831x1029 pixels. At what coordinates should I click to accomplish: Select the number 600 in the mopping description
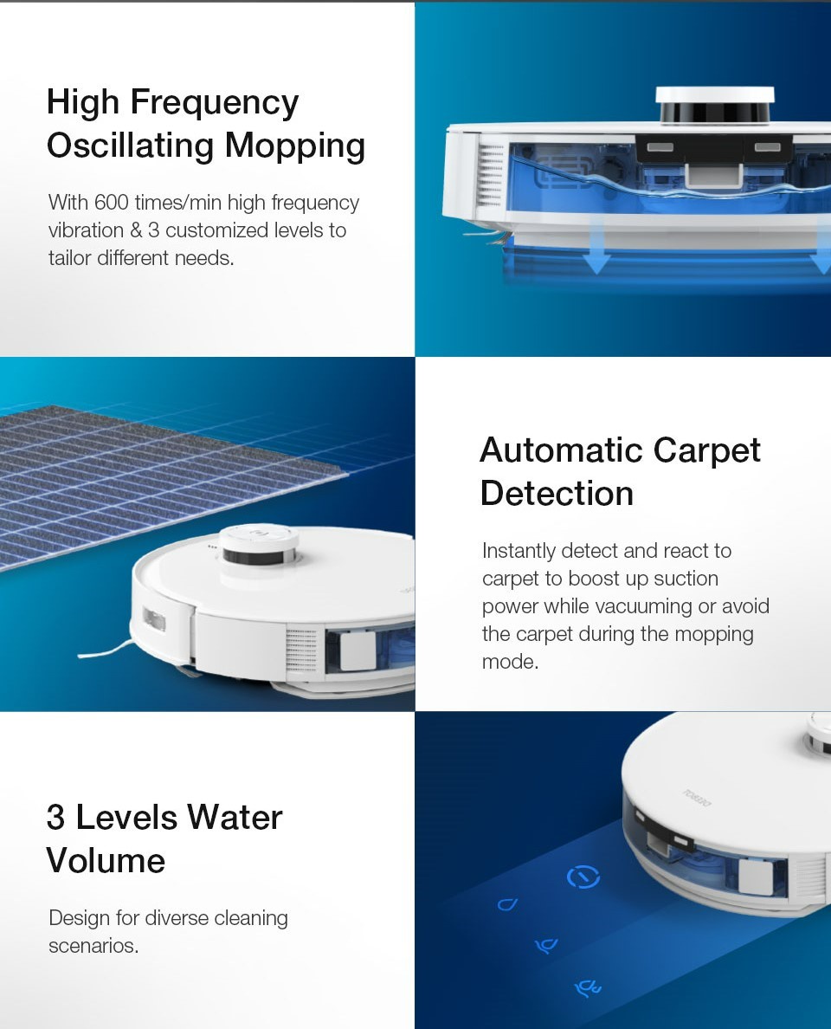(x=112, y=203)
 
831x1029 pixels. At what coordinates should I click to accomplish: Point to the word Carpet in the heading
(x=707, y=450)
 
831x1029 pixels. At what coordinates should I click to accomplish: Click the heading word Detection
(x=557, y=494)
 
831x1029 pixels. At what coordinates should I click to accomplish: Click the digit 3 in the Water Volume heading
(x=55, y=818)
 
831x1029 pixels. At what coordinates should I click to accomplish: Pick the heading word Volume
(x=106, y=861)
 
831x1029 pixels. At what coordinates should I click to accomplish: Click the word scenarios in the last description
(x=93, y=946)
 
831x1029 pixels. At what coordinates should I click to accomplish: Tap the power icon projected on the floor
(x=583, y=877)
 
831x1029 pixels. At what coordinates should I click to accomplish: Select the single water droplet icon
(x=507, y=904)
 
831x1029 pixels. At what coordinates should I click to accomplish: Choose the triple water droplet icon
(x=588, y=987)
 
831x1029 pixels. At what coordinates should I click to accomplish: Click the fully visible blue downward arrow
(x=596, y=258)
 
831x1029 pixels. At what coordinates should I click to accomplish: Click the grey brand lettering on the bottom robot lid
(x=697, y=798)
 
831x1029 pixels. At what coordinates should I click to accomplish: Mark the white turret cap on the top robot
(x=714, y=95)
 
